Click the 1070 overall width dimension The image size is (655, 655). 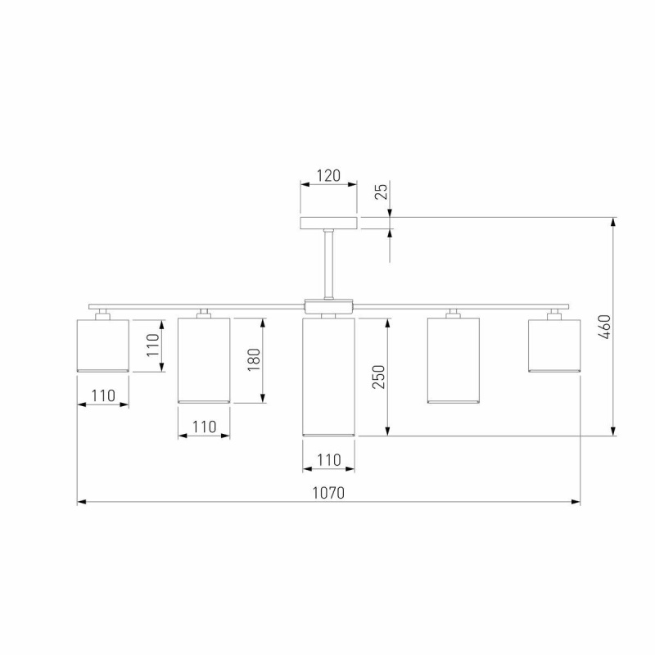pyautogui.click(x=329, y=494)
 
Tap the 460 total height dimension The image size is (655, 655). pyautogui.click(x=605, y=327)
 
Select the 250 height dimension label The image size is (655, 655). pyautogui.click(x=379, y=377)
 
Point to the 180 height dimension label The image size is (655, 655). pyautogui.click(x=254, y=359)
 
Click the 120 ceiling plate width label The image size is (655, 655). pyautogui.click(x=328, y=176)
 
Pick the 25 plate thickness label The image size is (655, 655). pyautogui.click(x=381, y=192)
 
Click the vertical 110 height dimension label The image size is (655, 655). pyautogui.click(x=153, y=345)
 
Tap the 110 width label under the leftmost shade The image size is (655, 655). pyautogui.click(x=103, y=395)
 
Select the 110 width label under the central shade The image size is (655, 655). pyautogui.click(x=329, y=460)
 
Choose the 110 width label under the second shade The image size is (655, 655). pyautogui.click(x=204, y=427)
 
